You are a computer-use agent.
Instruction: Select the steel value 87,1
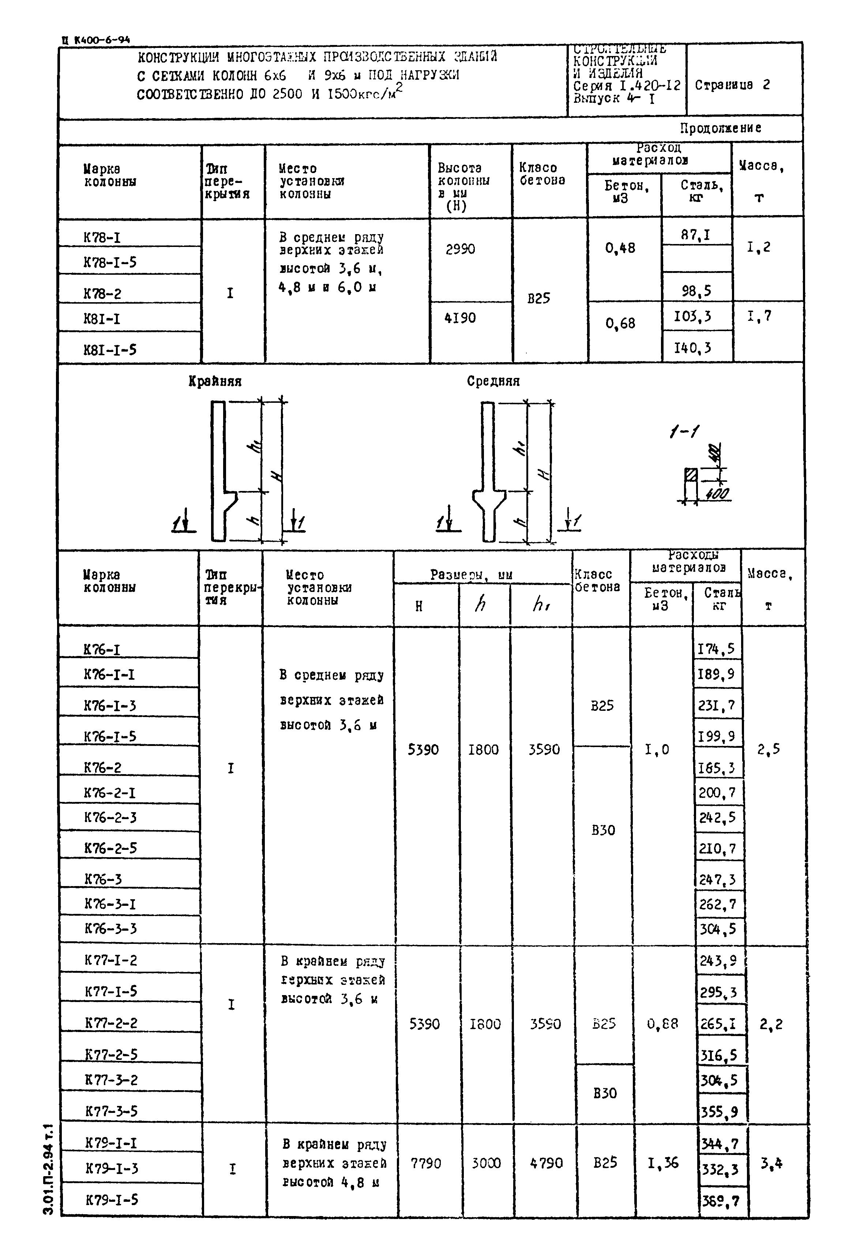click(x=696, y=235)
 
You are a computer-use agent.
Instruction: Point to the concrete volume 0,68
click(x=620, y=324)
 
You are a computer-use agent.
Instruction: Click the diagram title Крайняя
click(x=215, y=382)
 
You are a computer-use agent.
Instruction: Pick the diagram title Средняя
click(x=493, y=382)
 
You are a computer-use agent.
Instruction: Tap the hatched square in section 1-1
click(x=691, y=475)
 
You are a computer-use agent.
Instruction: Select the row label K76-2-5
click(x=110, y=848)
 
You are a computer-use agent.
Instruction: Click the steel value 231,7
click(x=717, y=706)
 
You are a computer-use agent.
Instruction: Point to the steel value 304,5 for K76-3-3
click(x=717, y=929)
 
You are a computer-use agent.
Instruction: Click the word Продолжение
click(x=721, y=128)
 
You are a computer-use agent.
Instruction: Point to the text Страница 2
click(x=732, y=85)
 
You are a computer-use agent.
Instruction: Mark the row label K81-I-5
click(x=110, y=350)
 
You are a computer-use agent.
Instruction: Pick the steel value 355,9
click(x=719, y=1112)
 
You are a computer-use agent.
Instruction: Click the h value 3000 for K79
click(x=486, y=1163)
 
